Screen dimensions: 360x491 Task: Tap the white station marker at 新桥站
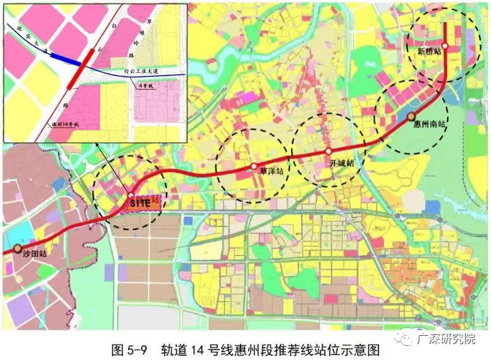pyautogui.click(x=445, y=46)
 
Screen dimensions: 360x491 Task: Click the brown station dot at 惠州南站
pyautogui.click(x=411, y=116)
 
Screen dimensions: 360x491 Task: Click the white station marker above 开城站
pyautogui.click(x=328, y=152)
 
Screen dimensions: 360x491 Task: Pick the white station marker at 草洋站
pyautogui.click(x=254, y=166)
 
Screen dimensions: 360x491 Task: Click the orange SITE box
pyautogui.click(x=143, y=202)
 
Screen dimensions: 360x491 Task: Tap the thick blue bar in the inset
pyautogui.click(x=65, y=59)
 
